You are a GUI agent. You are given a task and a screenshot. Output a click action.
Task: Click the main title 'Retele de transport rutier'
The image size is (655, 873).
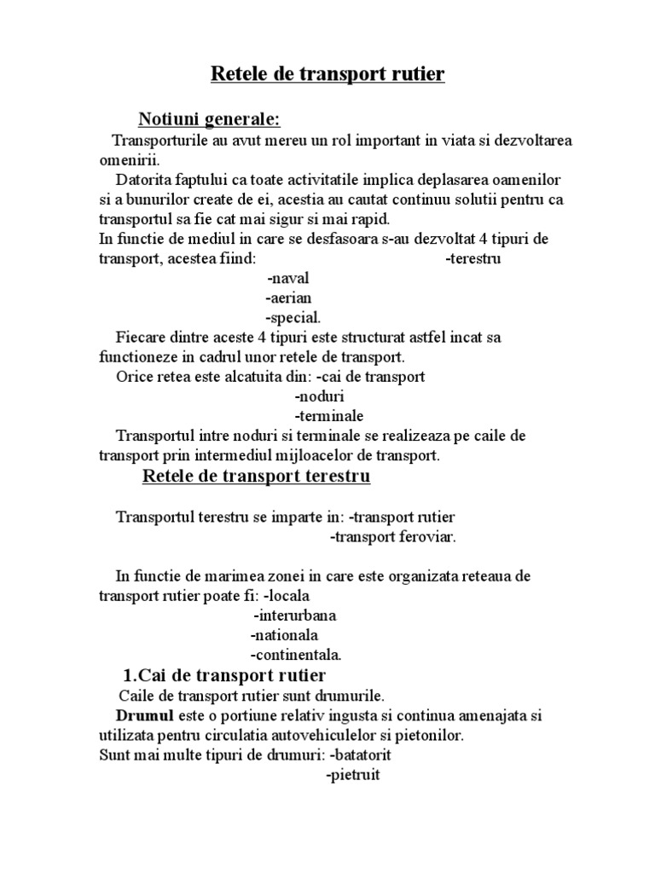327,75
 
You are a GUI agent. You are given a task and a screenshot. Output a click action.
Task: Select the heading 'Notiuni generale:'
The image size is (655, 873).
210,117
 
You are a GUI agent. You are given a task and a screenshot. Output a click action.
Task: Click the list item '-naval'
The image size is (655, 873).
287,278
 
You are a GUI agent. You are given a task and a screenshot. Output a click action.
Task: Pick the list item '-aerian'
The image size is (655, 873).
288,298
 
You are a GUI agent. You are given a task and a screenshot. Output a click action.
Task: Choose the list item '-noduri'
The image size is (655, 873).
320,396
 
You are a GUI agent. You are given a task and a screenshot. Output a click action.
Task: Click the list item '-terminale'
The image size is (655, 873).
329,416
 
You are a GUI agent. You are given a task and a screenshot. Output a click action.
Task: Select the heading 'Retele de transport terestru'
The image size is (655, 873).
256,476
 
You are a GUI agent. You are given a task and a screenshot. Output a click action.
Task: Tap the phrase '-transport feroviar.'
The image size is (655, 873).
393,536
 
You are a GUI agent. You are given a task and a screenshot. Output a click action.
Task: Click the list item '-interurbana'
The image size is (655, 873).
294,615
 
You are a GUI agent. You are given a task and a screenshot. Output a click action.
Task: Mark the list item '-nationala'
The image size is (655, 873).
284,635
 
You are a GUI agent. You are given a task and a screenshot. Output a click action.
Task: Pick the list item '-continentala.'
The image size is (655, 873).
296,655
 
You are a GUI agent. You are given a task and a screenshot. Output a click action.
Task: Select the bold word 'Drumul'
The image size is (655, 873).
145,714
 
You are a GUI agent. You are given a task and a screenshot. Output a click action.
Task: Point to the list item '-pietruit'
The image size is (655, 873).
352,775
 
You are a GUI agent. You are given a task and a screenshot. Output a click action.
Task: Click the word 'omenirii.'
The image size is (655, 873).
124,159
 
